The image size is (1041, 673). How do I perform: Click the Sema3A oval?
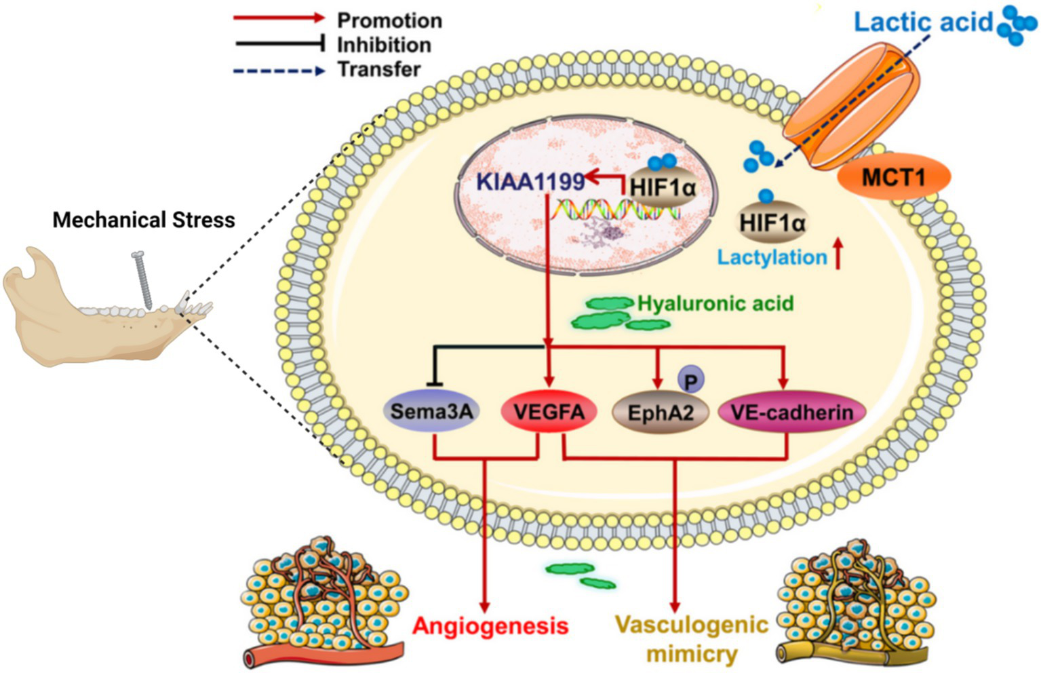(x=431, y=411)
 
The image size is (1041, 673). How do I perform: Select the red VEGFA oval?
(x=549, y=411)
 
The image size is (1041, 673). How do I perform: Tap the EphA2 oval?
(x=660, y=412)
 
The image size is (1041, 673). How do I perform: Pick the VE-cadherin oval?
(x=791, y=412)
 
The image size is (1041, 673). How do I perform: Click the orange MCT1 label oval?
(x=892, y=178)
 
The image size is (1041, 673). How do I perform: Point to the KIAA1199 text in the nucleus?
(x=530, y=182)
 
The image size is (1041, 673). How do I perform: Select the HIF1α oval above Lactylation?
(x=772, y=222)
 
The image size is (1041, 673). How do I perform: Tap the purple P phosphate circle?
(x=690, y=381)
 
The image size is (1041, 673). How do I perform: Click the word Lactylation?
(x=772, y=258)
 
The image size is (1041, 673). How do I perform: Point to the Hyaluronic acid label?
(x=715, y=303)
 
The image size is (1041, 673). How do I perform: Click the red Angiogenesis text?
(x=490, y=626)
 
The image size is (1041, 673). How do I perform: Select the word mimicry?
(x=691, y=654)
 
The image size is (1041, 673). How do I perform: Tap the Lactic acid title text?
(x=923, y=22)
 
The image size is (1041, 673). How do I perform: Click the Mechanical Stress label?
(x=144, y=220)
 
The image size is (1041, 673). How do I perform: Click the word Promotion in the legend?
(x=389, y=20)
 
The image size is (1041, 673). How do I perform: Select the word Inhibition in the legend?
(x=384, y=45)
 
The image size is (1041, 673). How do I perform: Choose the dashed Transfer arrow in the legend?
(x=279, y=70)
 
